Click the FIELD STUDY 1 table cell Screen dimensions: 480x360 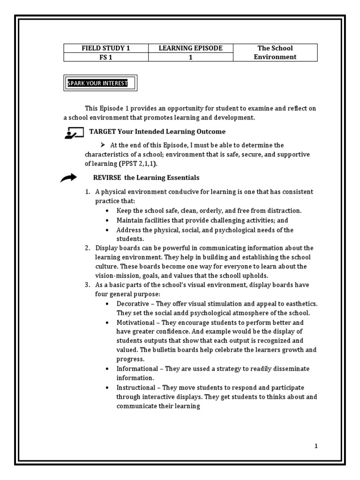tap(106, 48)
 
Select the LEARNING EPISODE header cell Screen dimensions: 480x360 tap(191, 48)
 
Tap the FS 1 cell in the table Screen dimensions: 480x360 tap(106, 57)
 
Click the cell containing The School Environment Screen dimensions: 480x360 tap(275, 52)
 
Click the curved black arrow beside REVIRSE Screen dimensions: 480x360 tap(68, 178)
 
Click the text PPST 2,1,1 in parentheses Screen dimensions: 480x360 tap(139, 164)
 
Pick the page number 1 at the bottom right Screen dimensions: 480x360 tap(316, 446)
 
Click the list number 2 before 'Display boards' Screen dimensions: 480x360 tap(87, 248)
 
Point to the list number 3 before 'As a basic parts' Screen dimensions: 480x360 tap(87, 285)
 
